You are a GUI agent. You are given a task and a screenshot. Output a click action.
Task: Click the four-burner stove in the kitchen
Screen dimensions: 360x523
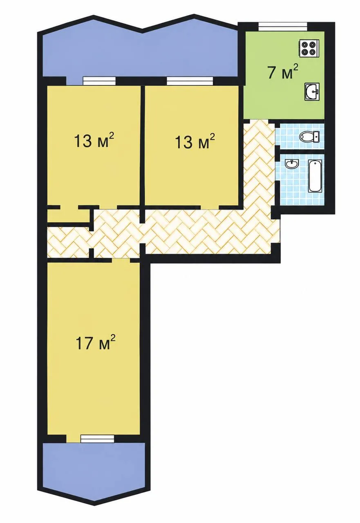click(309, 48)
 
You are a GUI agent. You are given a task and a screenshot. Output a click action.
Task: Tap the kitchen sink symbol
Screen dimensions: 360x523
click(312, 92)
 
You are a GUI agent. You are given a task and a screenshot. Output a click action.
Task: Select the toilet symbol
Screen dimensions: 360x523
click(309, 136)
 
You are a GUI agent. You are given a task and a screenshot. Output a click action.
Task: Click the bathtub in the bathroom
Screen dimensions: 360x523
click(315, 176)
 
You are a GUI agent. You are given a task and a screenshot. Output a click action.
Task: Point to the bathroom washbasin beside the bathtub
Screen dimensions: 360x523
click(292, 164)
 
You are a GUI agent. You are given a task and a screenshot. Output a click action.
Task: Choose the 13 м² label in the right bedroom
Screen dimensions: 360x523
click(195, 141)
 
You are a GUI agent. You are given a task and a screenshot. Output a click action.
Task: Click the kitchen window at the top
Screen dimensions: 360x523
click(282, 26)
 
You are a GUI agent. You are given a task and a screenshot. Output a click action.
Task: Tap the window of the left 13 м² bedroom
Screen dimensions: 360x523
click(99, 81)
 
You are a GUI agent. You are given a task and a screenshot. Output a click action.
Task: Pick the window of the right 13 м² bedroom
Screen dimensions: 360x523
click(190, 81)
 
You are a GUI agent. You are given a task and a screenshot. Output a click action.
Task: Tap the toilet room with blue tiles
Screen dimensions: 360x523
click(300, 136)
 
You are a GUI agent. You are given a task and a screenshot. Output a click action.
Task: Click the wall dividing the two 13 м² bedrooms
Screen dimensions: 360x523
click(143, 146)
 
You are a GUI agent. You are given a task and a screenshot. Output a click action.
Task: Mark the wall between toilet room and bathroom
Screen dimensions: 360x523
click(300, 151)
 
